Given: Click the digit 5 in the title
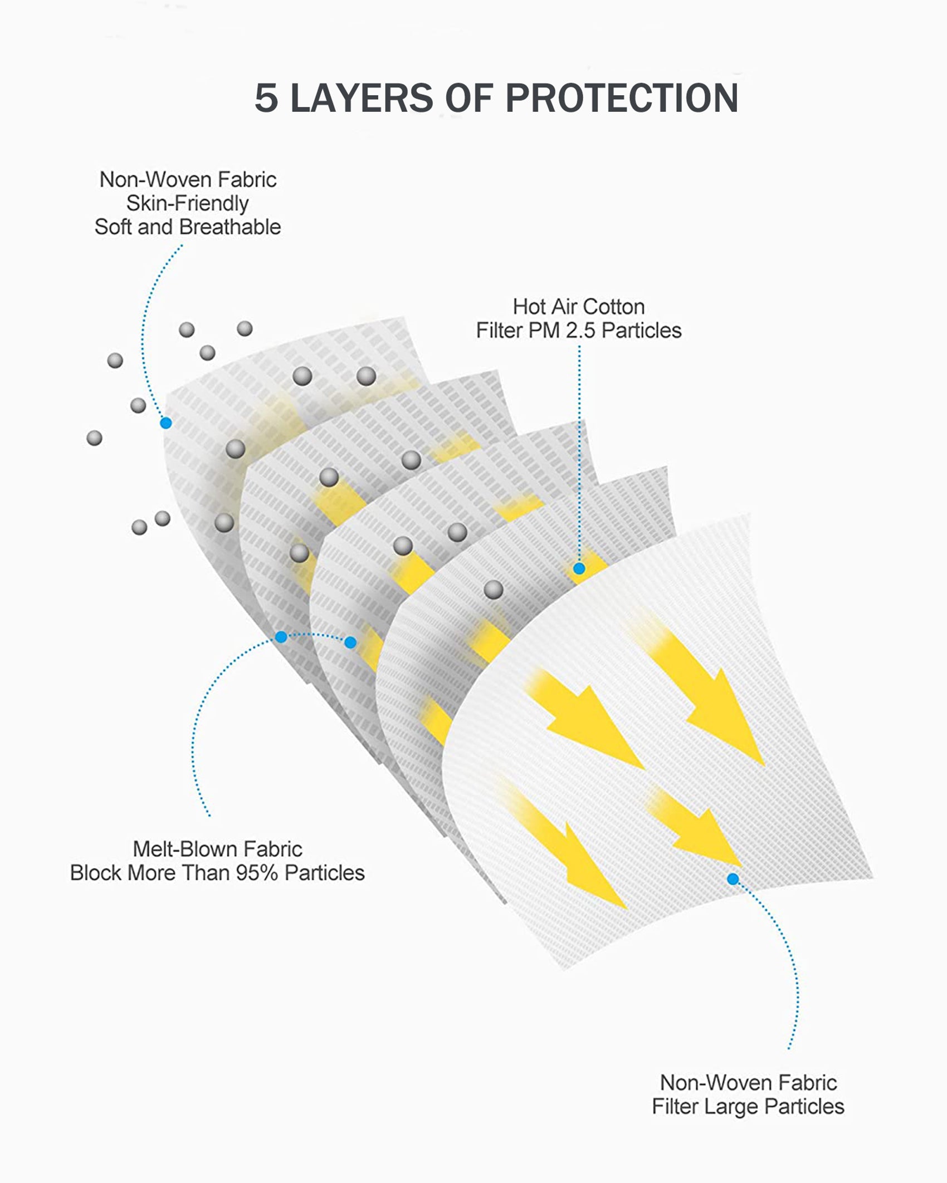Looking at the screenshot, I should click(x=266, y=99).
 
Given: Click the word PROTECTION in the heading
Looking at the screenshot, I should click(x=622, y=99).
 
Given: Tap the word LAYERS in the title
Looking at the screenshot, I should click(x=362, y=99).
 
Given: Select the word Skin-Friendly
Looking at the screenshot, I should click(x=187, y=204).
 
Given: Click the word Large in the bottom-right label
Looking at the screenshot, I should click(x=731, y=1107).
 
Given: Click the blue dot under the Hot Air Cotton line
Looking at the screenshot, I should click(x=579, y=568).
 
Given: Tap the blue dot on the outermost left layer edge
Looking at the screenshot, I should click(x=165, y=423).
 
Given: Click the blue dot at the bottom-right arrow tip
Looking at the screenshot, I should click(x=733, y=879).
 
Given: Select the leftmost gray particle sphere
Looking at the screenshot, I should click(x=95, y=438).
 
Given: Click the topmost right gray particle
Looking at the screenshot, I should click(x=245, y=328).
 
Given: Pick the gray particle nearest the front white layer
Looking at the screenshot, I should click(x=494, y=590).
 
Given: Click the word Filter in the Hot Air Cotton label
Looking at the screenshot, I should click(x=494, y=331).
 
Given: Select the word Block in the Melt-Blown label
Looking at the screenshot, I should click(x=96, y=873).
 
